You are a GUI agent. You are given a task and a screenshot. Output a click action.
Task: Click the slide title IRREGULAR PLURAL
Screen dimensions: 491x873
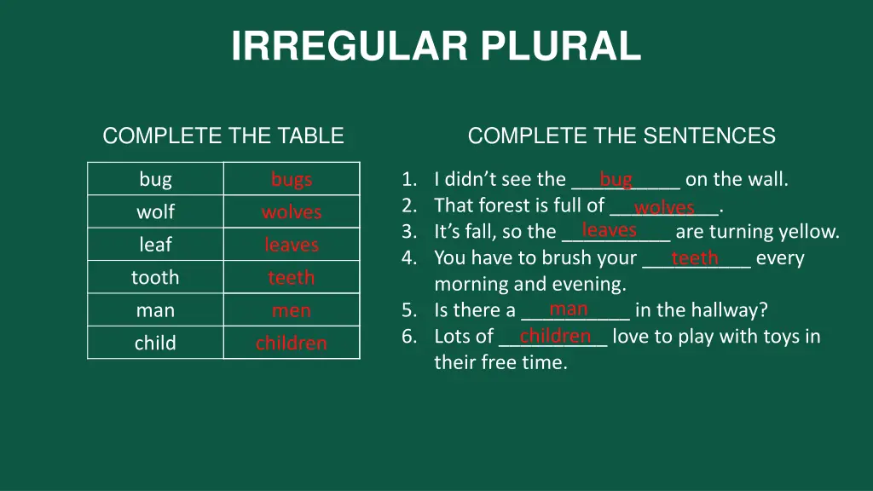coord(436,46)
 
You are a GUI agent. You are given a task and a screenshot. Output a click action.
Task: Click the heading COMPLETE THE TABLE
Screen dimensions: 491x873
coord(223,136)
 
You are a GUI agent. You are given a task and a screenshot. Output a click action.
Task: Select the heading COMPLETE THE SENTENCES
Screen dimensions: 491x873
coord(622,136)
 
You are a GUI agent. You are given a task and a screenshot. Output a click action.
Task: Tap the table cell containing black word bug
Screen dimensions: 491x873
coord(155,179)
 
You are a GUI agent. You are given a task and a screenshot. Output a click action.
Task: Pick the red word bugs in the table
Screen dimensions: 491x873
coord(292,179)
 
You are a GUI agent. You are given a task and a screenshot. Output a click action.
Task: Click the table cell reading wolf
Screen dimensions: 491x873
coord(155,211)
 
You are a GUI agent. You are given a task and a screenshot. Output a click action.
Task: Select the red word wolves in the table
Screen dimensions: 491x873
coord(292,211)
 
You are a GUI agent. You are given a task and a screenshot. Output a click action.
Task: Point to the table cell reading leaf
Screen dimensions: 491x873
coord(155,245)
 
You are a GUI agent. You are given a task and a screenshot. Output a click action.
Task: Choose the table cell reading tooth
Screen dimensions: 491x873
coord(155,277)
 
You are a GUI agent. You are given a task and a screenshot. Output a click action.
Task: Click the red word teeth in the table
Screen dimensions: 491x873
coord(292,277)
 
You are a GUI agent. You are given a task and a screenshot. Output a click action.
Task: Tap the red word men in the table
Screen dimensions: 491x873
coord(292,310)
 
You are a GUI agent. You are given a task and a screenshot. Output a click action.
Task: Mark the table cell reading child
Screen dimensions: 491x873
coord(155,343)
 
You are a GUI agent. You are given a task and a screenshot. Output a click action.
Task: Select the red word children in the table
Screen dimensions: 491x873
coord(292,343)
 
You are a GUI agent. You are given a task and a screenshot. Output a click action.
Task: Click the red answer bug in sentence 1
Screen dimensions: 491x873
coord(616,179)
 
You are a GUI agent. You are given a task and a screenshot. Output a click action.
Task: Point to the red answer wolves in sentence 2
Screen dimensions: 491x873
coord(664,207)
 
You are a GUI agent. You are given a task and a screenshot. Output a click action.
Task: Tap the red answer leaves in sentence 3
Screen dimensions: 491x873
coord(609,230)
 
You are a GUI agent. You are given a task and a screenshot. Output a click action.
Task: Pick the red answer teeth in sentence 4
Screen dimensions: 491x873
coord(695,258)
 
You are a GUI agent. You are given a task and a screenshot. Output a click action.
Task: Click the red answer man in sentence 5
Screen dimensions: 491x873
coord(569,309)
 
